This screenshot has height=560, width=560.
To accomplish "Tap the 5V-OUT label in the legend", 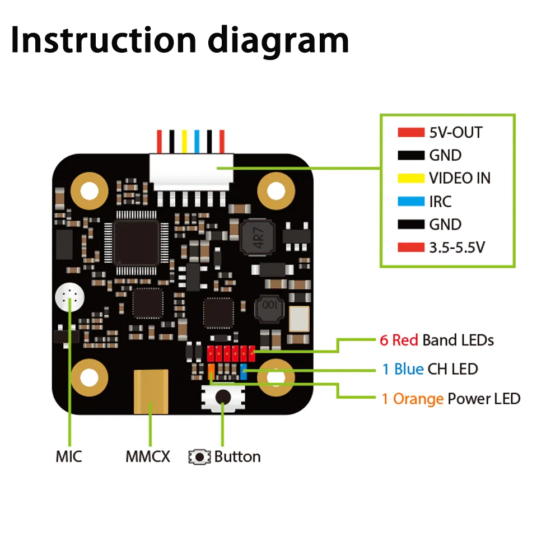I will click(455, 133).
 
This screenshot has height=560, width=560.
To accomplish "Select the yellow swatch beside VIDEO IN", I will click(411, 179).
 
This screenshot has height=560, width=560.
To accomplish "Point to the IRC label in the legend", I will click(440, 202).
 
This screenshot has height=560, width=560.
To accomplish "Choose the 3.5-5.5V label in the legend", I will click(456, 247).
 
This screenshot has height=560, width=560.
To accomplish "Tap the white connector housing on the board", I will click(191, 167).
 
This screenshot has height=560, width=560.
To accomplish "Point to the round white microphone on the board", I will click(70, 298).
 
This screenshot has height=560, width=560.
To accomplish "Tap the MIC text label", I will click(69, 456).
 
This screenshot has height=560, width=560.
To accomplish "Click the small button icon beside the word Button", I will click(199, 457).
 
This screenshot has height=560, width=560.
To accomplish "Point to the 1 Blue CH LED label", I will click(430, 369).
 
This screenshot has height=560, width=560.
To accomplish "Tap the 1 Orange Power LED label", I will click(451, 399).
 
